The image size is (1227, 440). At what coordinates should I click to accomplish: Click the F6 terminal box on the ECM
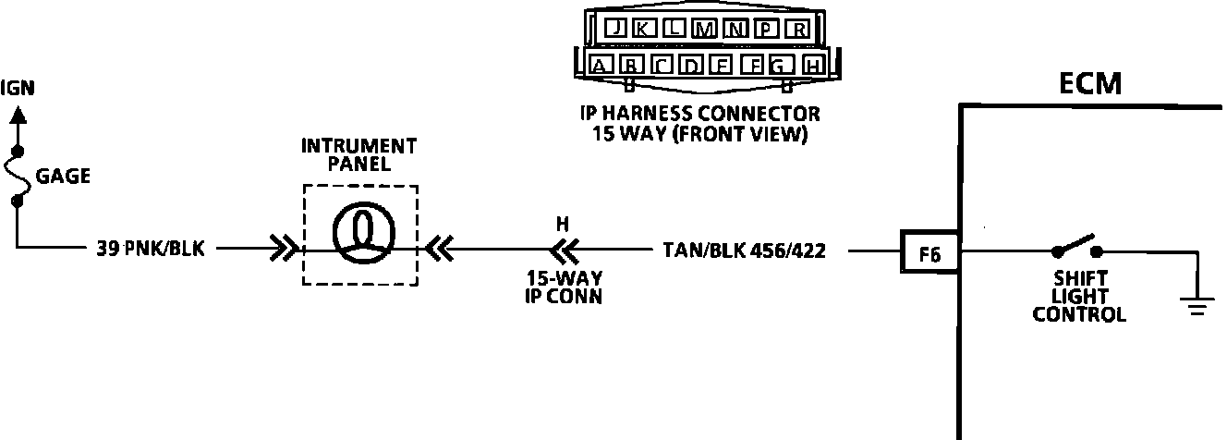930,251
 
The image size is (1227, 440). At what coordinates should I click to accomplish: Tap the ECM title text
1090,84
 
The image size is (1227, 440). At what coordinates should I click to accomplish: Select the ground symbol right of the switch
1197,306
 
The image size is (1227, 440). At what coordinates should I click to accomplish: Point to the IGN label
18,89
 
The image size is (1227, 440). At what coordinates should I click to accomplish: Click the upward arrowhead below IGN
17,116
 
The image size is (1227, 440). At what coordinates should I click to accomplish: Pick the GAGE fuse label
63,177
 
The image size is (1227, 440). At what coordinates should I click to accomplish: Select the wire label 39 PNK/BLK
150,250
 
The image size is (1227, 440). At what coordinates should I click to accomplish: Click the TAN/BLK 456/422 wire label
743,250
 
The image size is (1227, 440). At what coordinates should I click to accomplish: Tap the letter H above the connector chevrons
563,223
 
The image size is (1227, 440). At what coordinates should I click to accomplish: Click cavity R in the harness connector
798,29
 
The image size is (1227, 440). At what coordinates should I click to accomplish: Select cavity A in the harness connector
601,66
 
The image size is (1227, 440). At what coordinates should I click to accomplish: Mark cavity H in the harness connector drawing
812,66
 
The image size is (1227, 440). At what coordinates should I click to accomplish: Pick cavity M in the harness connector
706,29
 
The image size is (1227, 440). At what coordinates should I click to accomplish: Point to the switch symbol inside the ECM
1075,247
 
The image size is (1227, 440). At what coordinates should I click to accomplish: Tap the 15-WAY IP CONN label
564,287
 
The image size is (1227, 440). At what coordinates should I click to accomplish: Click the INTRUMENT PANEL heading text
359,155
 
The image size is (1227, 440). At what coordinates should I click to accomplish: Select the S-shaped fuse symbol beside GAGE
17,176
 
